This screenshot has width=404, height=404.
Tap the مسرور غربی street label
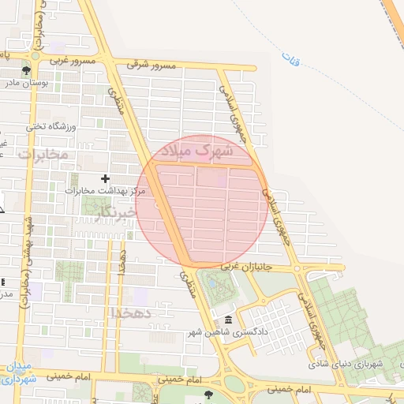(72, 61)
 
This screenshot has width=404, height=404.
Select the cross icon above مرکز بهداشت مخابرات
(105, 179)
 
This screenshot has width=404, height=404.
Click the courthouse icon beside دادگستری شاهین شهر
(228, 320)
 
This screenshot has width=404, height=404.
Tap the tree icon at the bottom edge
(208, 394)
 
